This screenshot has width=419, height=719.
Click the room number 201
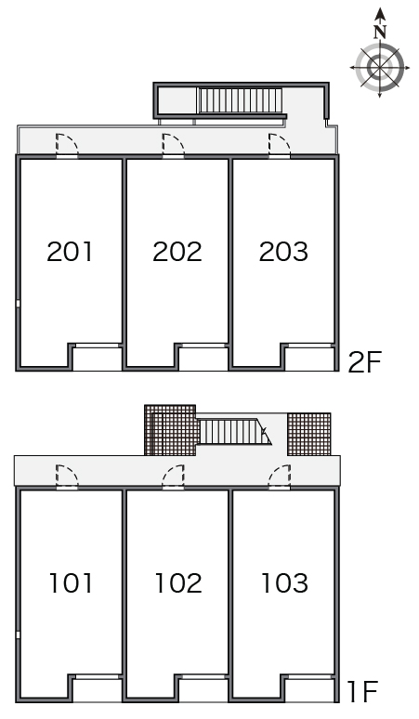pos(70,252)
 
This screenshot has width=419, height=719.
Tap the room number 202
pos(177,252)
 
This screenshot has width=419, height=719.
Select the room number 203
pos(283,252)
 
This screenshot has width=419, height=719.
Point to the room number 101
pos(71,582)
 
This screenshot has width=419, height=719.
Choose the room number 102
pos(178,582)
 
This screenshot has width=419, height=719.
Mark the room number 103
pos(284,582)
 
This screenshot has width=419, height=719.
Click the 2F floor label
pos(365,362)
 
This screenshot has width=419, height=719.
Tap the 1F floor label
pos(362,692)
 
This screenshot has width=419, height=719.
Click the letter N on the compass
pos(380,33)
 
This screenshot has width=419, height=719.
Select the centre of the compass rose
pos(380,67)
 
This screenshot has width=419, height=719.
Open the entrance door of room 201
pos(67,145)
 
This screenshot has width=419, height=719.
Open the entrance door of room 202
pos(174,145)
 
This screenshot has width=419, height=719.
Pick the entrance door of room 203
pos(280,145)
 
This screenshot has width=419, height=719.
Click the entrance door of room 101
pos(67,477)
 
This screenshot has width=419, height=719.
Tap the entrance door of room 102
pos(174,477)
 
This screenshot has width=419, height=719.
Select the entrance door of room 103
pos(280,477)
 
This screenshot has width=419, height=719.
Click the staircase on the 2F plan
pos(240,100)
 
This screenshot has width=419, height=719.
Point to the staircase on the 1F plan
pos(235,432)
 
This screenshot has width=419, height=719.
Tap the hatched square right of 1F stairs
pos(309,434)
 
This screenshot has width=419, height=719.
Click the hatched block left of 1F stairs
pos(172,430)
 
